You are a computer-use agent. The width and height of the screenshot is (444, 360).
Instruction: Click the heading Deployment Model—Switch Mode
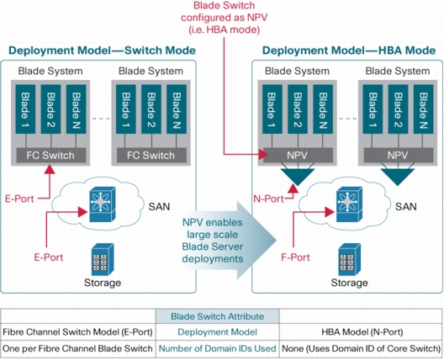pyautogui.click(x=103, y=50)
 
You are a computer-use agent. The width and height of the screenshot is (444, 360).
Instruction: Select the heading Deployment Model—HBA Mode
pyautogui.click(x=349, y=50)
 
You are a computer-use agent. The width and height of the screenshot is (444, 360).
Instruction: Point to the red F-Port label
pyautogui.click(x=295, y=257)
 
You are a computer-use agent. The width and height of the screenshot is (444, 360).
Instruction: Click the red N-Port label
pyautogui.click(x=268, y=199)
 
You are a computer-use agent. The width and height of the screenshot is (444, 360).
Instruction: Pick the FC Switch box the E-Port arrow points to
pyautogui.click(x=51, y=156)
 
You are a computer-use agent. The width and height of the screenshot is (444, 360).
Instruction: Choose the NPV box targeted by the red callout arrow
pyautogui.click(x=298, y=156)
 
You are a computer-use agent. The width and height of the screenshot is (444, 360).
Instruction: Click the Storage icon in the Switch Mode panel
pyautogui.click(x=103, y=259)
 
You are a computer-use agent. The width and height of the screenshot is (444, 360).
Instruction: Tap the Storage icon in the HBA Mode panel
pyautogui.click(x=350, y=259)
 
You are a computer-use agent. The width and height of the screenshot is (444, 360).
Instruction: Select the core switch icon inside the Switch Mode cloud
pyautogui.click(x=103, y=204)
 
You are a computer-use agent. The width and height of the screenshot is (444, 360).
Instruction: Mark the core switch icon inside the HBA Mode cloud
pyautogui.click(x=349, y=204)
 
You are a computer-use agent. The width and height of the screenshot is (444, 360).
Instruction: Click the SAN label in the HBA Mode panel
pyautogui.click(x=406, y=206)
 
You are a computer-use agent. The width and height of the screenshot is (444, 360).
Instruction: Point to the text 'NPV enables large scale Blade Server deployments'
pyautogui.click(x=213, y=241)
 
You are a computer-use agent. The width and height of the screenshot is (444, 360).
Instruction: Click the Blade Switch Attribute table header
pyautogui.click(x=218, y=316)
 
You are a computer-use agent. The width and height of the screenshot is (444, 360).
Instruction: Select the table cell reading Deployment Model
pyautogui.click(x=218, y=332)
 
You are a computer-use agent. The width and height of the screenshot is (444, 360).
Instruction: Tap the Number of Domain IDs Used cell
pyautogui.click(x=218, y=348)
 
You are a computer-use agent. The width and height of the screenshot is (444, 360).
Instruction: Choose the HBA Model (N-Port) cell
pyautogui.click(x=362, y=332)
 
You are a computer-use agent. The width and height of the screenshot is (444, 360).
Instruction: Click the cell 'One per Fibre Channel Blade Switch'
pyautogui.click(x=77, y=348)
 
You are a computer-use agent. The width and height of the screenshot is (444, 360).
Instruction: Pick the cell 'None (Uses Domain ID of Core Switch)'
pyautogui.click(x=362, y=348)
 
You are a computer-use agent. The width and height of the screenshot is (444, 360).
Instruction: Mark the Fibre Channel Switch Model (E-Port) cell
pyautogui.click(x=77, y=332)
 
